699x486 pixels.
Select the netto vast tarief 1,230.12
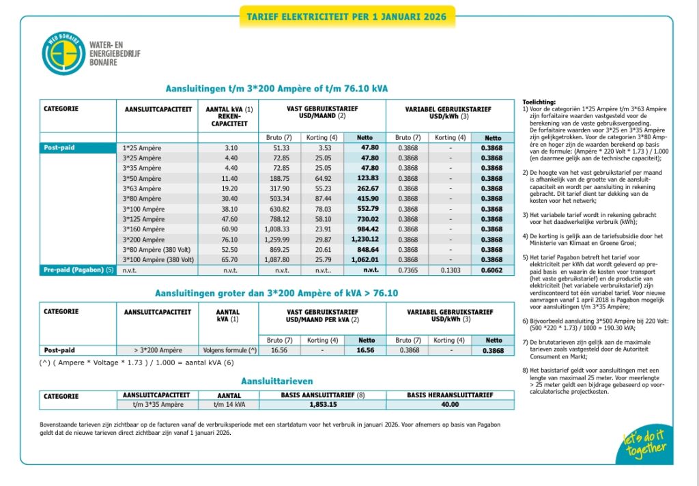tap(364, 240)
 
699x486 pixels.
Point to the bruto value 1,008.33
tap(276, 229)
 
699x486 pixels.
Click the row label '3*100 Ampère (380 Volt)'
tap(158, 260)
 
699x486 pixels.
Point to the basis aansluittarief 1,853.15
tap(323, 405)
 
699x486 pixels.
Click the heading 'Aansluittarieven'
tap(276, 381)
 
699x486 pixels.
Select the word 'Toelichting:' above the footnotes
tap(539, 101)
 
